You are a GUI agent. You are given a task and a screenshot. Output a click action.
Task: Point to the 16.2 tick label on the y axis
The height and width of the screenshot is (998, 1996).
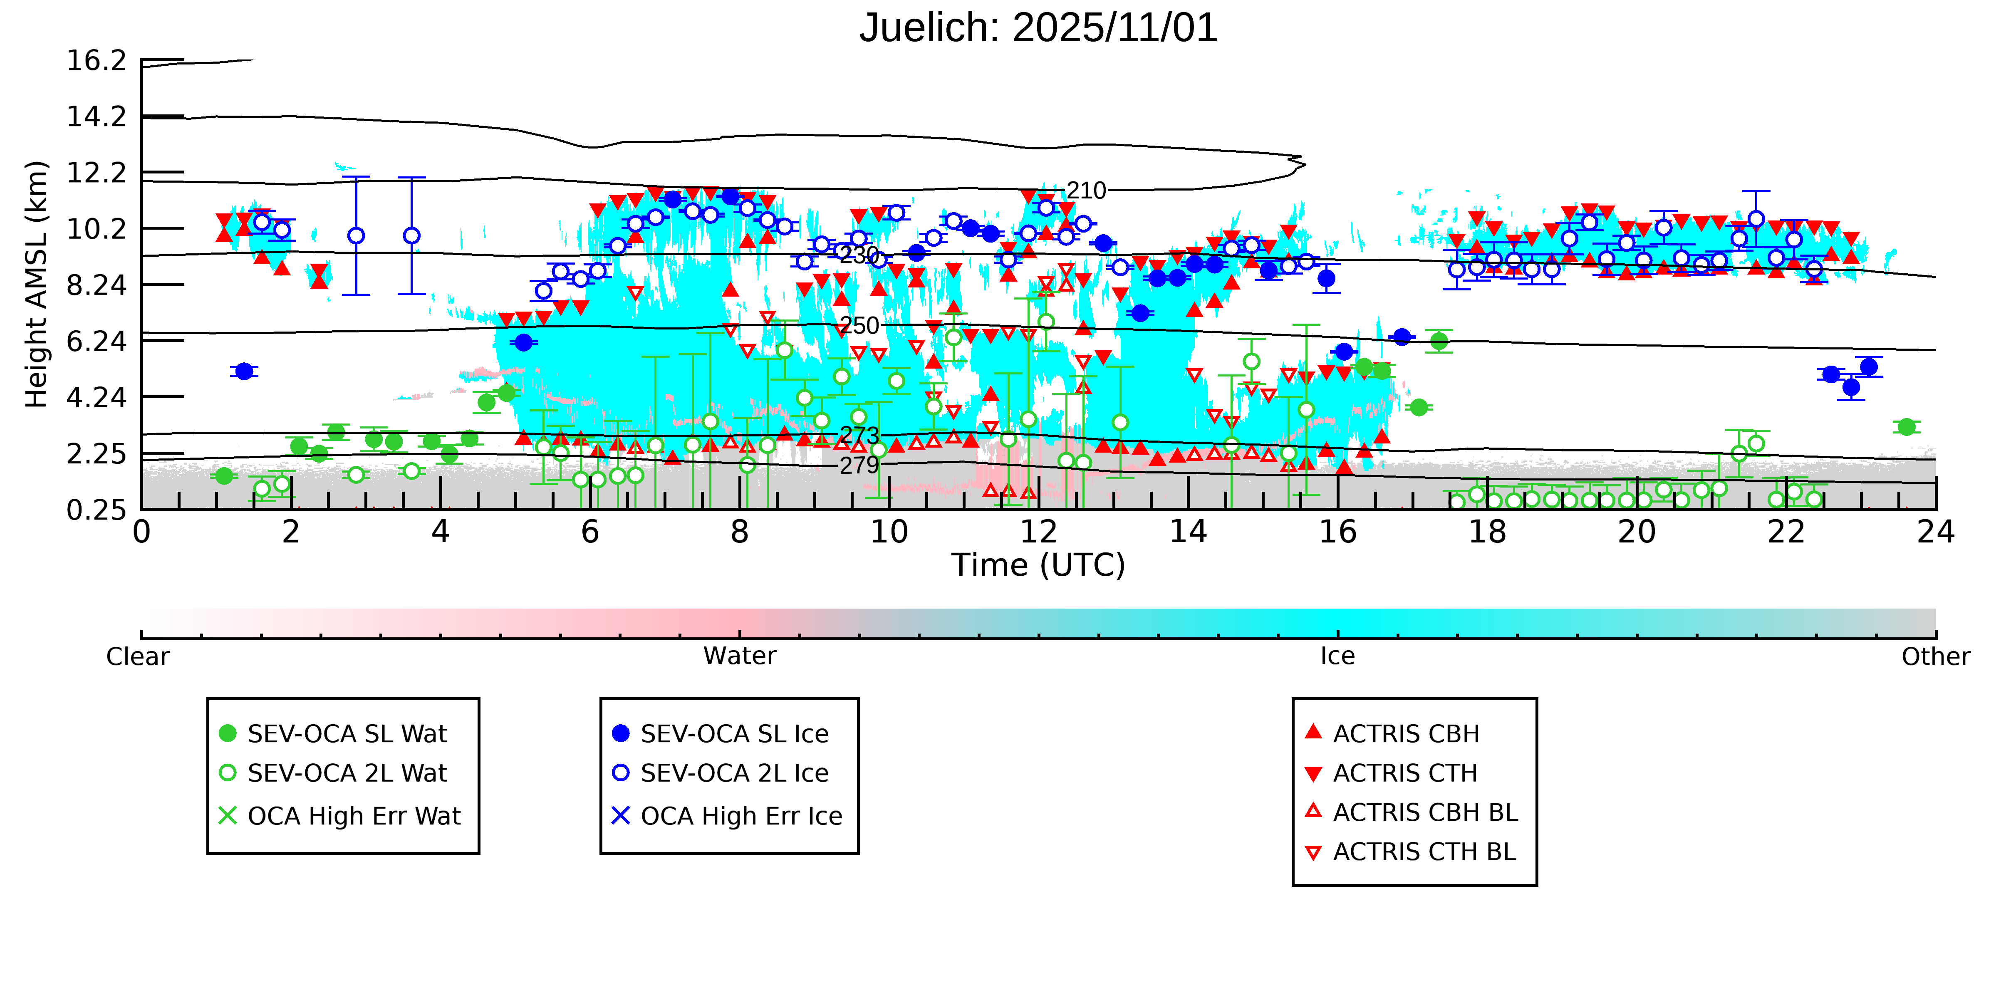tap(96, 60)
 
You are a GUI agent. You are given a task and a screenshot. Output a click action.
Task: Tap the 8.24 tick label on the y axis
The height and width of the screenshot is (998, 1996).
tap(96, 285)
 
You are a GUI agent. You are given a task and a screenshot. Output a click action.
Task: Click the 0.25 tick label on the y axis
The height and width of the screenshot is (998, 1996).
tap(96, 510)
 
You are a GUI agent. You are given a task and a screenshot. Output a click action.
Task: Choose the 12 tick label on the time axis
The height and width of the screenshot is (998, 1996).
tap(1038, 532)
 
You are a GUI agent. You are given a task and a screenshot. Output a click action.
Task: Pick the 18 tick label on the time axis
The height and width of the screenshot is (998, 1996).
tap(1487, 532)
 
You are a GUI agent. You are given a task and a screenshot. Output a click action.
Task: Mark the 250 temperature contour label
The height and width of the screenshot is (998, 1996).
tap(859, 325)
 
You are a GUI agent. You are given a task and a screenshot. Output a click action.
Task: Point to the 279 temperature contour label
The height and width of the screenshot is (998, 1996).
tap(859, 466)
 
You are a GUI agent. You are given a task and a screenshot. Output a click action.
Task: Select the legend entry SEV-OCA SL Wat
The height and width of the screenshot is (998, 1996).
tap(347, 734)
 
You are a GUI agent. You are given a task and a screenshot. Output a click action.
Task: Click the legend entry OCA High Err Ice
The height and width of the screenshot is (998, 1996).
tap(741, 816)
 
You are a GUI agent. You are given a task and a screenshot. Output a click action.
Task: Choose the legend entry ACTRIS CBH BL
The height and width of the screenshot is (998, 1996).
tap(1424, 812)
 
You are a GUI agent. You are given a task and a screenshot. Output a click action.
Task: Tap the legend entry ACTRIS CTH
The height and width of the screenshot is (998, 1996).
tap(1405, 773)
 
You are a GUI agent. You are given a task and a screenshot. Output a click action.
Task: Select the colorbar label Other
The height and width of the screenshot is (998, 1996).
tap(1935, 657)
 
